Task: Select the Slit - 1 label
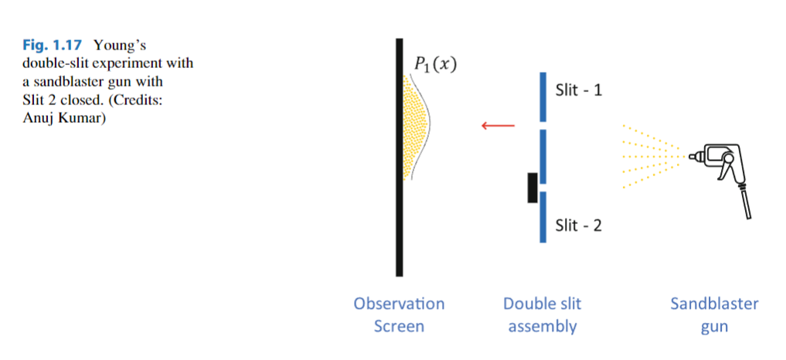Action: point(579,90)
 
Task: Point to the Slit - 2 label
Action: point(579,226)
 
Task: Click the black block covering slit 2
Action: point(533,188)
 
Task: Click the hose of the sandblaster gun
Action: point(746,202)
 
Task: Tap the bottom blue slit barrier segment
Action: point(543,217)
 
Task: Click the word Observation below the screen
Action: point(399,304)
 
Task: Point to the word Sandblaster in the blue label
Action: point(714,304)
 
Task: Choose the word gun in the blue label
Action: point(714,326)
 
